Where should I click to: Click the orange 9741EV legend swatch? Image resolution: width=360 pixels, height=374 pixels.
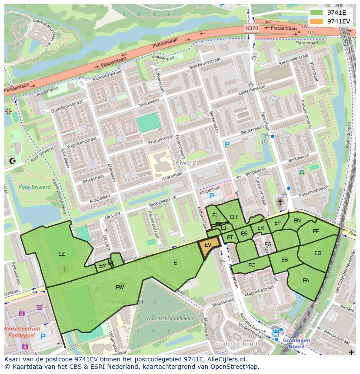coord(317,21)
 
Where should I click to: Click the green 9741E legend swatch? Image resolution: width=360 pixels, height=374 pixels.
coord(317,13)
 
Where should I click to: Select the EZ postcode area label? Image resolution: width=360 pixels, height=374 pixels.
coord(61,254)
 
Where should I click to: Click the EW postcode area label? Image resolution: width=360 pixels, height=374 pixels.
coord(120,288)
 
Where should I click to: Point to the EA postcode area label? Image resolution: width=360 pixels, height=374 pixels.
coord(306,281)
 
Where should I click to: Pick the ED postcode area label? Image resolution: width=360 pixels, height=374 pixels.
coord(318,253)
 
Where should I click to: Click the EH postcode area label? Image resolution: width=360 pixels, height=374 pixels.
coord(233,217)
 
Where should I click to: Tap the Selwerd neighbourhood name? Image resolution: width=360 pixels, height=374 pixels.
coord(184,162)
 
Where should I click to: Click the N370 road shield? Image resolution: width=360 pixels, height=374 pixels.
coord(251,28)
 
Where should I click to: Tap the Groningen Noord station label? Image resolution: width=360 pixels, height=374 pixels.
coord(297,343)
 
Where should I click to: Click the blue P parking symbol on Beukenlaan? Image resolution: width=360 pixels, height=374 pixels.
coord(227,145)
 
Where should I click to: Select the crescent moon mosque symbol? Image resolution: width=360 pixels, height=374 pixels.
coord(12,161)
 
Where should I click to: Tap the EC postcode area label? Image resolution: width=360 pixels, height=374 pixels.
coord(252,265)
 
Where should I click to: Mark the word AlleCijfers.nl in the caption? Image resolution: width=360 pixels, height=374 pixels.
coord(226,359)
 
